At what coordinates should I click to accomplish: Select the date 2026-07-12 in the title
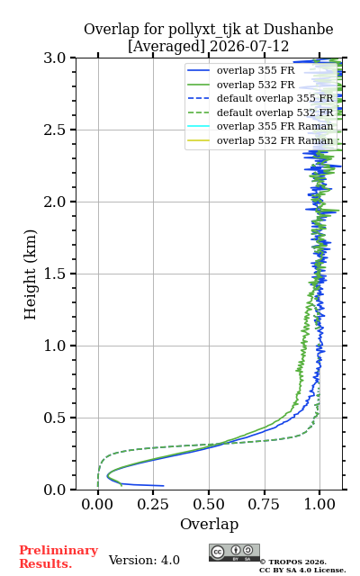tap(249, 47)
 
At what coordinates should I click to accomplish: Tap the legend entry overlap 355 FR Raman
tap(260, 126)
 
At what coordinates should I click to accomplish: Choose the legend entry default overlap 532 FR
tap(260, 112)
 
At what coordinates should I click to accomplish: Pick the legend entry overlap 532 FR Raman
tap(260, 140)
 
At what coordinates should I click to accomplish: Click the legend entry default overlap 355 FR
tap(260, 98)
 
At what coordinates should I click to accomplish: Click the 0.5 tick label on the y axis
tap(55, 418)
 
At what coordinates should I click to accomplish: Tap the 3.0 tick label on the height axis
tap(55, 58)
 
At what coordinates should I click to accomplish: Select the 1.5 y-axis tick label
tap(55, 274)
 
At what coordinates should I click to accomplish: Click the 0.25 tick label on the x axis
tap(153, 504)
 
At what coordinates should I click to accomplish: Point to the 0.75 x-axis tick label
tap(265, 504)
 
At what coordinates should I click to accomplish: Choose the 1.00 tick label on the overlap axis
tap(319, 504)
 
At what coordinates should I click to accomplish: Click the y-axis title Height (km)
tap(30, 274)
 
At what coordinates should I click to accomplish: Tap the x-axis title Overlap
tap(210, 524)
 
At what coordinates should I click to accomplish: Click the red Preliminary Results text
tap(58, 557)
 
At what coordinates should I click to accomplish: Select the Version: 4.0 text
tap(144, 560)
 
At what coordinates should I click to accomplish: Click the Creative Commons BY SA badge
tap(234, 553)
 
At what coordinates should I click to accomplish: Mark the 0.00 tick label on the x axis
tap(97, 504)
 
